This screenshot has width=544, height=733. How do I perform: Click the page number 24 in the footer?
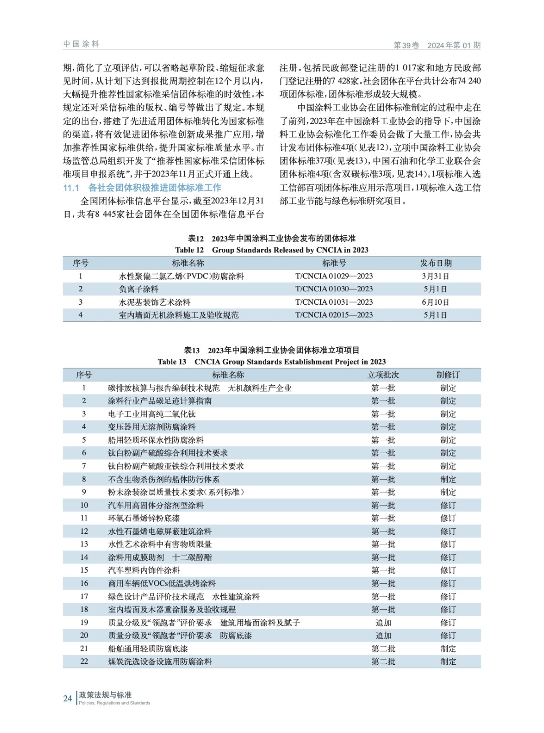pyautogui.click(x=67, y=698)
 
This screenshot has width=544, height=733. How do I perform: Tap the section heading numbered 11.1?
pyautogui.click(x=142, y=188)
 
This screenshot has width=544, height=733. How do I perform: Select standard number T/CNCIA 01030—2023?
pyautogui.click(x=334, y=289)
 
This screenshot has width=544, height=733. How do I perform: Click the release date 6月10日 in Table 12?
pyautogui.click(x=435, y=302)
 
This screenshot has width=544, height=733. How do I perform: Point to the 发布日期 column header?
pyautogui.click(x=435, y=263)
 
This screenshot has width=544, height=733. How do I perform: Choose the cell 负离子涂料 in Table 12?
pyautogui.click(x=139, y=289)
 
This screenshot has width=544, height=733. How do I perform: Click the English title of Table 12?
pyautogui.click(x=271, y=250)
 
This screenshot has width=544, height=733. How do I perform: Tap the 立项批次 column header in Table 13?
pyautogui.click(x=383, y=375)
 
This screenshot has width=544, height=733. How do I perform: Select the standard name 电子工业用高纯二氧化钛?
pyautogui.click(x=152, y=414)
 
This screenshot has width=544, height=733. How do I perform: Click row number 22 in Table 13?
pyautogui.click(x=84, y=661)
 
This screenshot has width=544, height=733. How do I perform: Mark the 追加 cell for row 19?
pyautogui.click(x=383, y=623)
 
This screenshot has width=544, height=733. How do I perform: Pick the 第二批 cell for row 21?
pyautogui.click(x=383, y=648)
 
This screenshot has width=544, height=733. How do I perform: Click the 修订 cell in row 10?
pyautogui.click(x=448, y=505)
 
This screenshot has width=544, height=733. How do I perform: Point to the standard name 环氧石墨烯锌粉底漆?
pyautogui.click(x=144, y=518)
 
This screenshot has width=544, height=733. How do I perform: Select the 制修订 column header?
pyautogui.click(x=448, y=375)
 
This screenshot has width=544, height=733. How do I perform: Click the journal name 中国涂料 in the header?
pyautogui.click(x=81, y=44)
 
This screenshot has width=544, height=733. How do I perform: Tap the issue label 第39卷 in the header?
pyautogui.click(x=407, y=45)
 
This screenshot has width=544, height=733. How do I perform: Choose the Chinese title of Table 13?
pyautogui.click(x=271, y=350)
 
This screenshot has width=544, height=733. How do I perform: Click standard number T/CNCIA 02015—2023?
pyautogui.click(x=334, y=315)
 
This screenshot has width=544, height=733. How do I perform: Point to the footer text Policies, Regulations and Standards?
pyautogui.click(x=115, y=703)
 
